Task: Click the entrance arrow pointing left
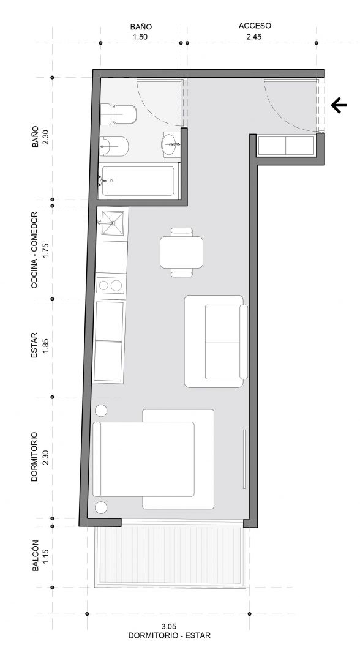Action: click(x=339, y=105)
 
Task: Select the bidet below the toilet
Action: click(x=114, y=146)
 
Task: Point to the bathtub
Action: click(x=138, y=181)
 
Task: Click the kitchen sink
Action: click(x=111, y=222)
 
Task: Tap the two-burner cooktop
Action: click(x=110, y=285)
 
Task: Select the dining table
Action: click(x=182, y=252)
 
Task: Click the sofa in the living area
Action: click(x=216, y=341)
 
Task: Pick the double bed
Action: click(x=153, y=458)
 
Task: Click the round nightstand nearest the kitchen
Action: click(x=101, y=411)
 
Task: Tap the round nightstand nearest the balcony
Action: click(x=101, y=507)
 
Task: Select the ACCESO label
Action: click(x=255, y=26)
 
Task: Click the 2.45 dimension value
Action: click(x=254, y=37)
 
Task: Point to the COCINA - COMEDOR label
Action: click(x=34, y=250)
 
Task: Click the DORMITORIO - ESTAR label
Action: click(x=170, y=635)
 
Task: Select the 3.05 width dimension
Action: click(x=169, y=626)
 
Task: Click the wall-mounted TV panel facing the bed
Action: click(x=244, y=459)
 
